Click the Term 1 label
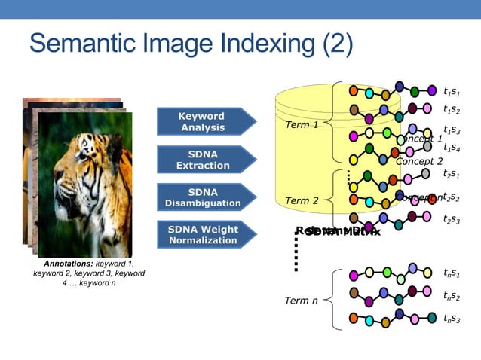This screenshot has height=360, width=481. (x=302, y=124)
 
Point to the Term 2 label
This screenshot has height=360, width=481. (x=302, y=200)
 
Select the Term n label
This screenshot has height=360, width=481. (x=301, y=301)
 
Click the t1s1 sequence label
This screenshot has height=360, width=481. (x=452, y=92)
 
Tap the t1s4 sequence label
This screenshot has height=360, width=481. (x=452, y=148)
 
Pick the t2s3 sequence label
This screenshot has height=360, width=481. (x=452, y=219)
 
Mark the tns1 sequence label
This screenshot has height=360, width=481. (x=452, y=273)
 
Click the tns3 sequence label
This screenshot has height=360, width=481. (x=452, y=319)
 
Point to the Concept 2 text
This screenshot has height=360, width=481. (x=419, y=161)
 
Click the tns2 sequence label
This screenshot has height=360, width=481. (x=452, y=296)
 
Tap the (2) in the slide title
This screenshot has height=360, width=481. (x=337, y=44)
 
